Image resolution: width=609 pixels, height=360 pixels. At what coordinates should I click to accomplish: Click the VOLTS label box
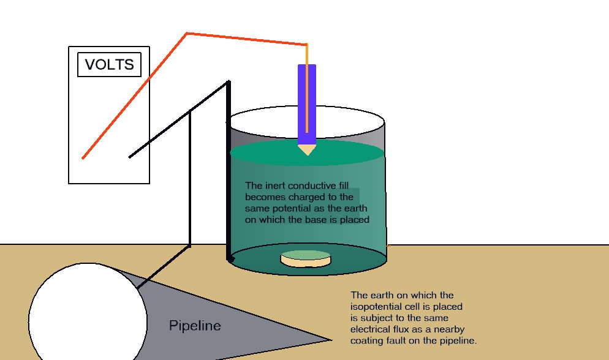(x=109, y=65)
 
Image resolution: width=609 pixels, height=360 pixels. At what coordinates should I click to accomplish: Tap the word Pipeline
(x=195, y=326)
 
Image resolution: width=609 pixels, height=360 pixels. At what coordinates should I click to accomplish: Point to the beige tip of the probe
(x=306, y=149)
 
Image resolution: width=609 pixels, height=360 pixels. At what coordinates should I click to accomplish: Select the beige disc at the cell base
(x=305, y=259)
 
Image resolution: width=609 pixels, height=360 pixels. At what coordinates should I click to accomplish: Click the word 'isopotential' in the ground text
(x=377, y=307)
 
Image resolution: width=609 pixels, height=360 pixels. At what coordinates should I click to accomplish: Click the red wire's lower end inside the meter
(x=84, y=157)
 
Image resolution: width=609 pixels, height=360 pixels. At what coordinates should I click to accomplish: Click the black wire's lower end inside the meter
(x=130, y=156)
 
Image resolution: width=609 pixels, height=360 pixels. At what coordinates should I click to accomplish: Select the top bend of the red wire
(x=186, y=33)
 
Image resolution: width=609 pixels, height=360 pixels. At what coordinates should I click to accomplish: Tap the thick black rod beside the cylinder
(x=230, y=171)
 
